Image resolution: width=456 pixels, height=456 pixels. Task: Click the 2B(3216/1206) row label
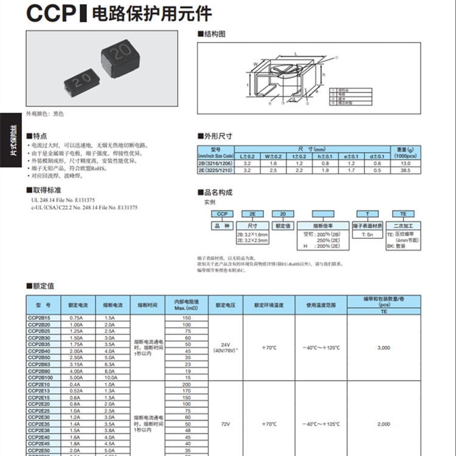point(217,164)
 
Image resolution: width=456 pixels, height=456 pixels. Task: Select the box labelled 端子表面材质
point(367,225)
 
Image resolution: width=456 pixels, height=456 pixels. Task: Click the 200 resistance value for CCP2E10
point(186,385)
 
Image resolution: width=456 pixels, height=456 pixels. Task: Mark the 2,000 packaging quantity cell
point(384,423)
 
